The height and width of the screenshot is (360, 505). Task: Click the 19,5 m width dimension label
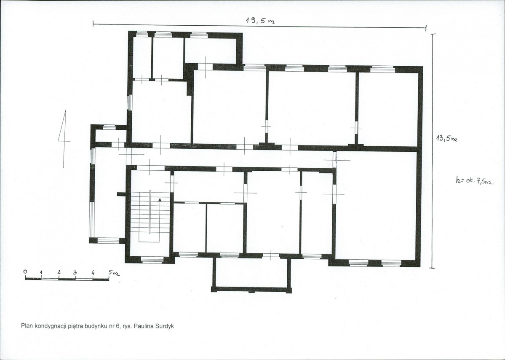click(x=260, y=21)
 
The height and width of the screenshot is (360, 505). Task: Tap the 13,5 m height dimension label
click(x=446, y=138)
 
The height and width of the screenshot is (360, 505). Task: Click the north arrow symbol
click(x=64, y=139)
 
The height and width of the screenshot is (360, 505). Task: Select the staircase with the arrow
click(x=150, y=216)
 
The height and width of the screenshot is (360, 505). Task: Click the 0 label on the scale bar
click(x=25, y=271)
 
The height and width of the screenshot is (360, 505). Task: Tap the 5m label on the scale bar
click(x=114, y=273)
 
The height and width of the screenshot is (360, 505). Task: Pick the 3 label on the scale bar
click(x=75, y=272)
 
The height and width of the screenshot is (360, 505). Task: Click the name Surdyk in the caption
click(x=165, y=326)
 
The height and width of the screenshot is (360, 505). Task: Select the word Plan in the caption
click(x=27, y=326)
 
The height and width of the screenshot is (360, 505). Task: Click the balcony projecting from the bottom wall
click(x=251, y=273)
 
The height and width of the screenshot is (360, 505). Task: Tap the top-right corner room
click(x=388, y=108)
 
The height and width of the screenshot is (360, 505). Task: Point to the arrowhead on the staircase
click(x=160, y=200)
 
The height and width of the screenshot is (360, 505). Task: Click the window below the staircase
click(x=152, y=260)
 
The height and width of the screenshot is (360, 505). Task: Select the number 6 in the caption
click(x=118, y=326)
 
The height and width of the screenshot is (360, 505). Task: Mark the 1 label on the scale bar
click(x=41, y=273)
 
